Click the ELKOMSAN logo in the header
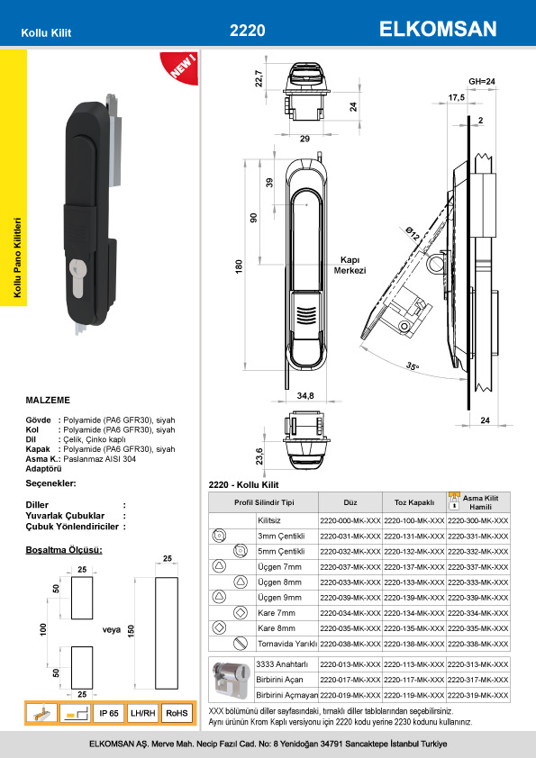click(x=438, y=29)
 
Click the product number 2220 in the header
click(x=247, y=31)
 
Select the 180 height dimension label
click(x=239, y=266)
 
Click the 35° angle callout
click(x=413, y=366)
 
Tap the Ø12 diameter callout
click(x=413, y=234)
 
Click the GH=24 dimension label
click(x=482, y=82)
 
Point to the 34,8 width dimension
click(x=305, y=395)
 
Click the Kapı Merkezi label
click(x=350, y=265)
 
